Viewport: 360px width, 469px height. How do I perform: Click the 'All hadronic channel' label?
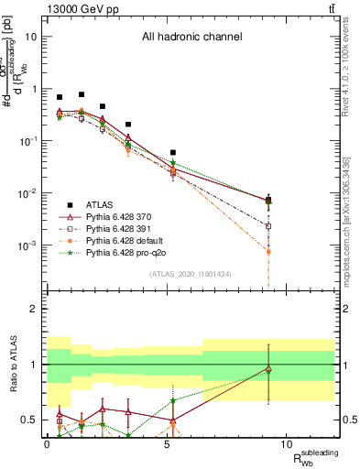(191, 38)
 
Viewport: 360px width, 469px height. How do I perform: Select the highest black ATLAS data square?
(82, 94)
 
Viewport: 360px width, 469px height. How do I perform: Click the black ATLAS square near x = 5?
(173, 153)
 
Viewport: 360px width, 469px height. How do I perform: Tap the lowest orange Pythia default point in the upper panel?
(268, 251)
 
